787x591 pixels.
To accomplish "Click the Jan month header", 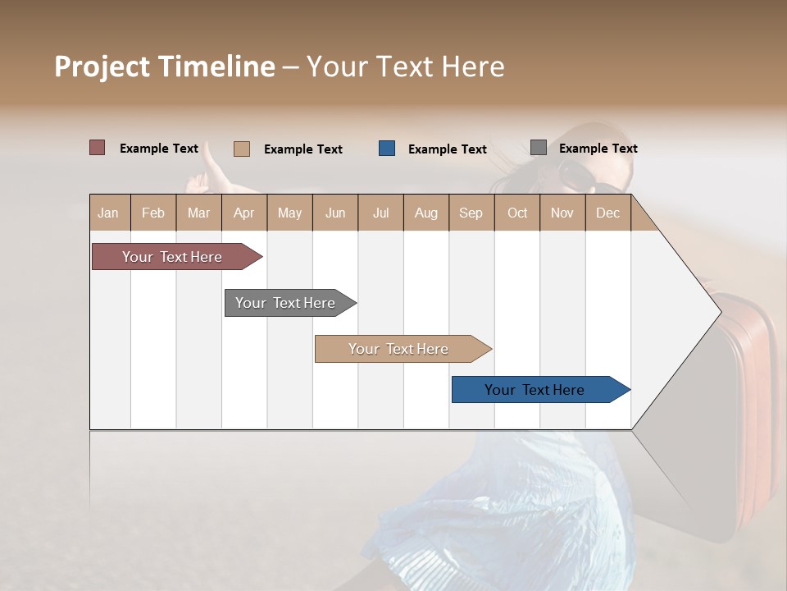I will tap(108, 213).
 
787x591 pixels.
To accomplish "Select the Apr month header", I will tap(243, 213).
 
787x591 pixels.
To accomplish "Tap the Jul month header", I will tap(380, 213).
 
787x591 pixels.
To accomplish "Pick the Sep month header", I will tap(471, 213).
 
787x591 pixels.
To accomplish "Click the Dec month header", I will tap(607, 213).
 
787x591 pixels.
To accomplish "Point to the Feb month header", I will tap(153, 213).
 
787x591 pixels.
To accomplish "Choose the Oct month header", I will tap(517, 213).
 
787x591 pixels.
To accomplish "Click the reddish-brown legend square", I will tap(97, 148).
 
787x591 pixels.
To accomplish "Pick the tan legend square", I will tap(241, 149).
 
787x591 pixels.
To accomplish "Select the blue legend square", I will tap(387, 149).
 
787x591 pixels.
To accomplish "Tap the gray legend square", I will tap(539, 148).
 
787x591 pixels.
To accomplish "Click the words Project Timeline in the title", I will tap(164, 66).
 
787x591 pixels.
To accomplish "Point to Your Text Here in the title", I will tap(405, 66).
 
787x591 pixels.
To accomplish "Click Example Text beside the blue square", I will tap(447, 149).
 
